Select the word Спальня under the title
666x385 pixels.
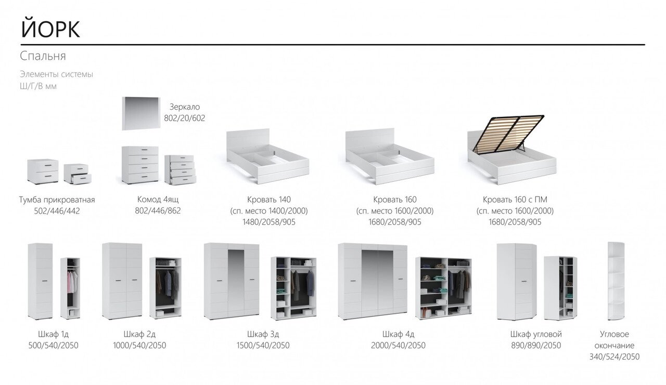tap(43, 56)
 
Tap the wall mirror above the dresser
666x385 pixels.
tap(141, 113)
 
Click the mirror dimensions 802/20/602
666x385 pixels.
tap(184, 118)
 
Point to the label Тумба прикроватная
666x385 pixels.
tap(57, 200)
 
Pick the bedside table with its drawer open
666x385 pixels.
tap(78, 174)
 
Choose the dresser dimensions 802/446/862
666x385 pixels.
tap(158, 211)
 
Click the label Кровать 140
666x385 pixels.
tap(269, 200)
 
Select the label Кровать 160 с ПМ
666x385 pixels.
tap(515, 200)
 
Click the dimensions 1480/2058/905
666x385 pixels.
tap(269, 222)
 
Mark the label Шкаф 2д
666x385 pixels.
tap(139, 334)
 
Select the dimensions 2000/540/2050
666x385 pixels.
tap(398, 346)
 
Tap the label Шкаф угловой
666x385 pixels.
tap(536, 334)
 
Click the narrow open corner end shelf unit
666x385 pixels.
tap(616, 281)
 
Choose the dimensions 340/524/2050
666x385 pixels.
tap(614, 357)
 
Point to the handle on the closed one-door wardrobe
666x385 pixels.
tap(45, 280)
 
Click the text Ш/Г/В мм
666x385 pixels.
tap(38, 86)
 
